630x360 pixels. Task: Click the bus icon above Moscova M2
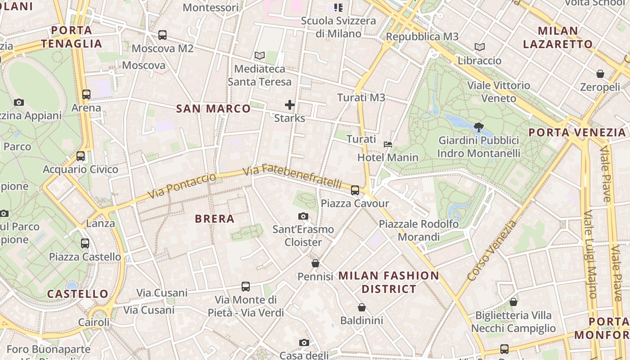pyautogui.click(x=162, y=35)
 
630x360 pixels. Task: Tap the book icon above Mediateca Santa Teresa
pyautogui.click(x=259, y=56)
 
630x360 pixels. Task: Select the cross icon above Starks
pyautogui.click(x=290, y=105)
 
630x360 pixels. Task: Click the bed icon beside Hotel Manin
pyautogui.click(x=388, y=144)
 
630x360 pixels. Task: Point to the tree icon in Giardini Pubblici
pyautogui.click(x=478, y=127)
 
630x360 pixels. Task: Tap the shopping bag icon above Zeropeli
pyautogui.click(x=600, y=74)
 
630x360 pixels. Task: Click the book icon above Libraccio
pyautogui.click(x=480, y=47)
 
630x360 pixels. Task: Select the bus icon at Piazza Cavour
pyautogui.click(x=355, y=190)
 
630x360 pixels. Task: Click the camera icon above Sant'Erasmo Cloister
pyautogui.click(x=303, y=216)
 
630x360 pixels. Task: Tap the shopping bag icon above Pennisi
pyautogui.click(x=315, y=263)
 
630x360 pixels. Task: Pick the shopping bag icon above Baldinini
pyautogui.click(x=362, y=307)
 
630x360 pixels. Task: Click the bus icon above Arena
pyautogui.click(x=86, y=94)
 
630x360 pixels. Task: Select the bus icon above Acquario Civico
pyautogui.click(x=81, y=156)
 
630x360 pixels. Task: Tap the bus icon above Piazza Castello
pyautogui.click(x=85, y=243)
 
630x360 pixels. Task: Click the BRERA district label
pyautogui.click(x=215, y=219)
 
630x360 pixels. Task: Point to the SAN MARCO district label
pyautogui.click(x=213, y=108)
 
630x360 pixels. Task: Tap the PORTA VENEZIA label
pyautogui.click(x=577, y=132)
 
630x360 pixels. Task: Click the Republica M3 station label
pyautogui.click(x=422, y=36)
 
